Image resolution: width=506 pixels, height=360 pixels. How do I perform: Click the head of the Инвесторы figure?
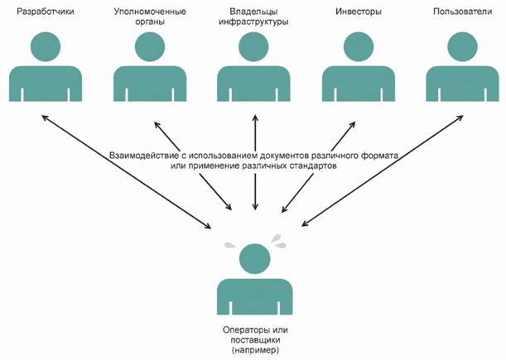pyautogui.click(x=357, y=47)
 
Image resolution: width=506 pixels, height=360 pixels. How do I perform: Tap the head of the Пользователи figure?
pyautogui.click(x=460, y=47)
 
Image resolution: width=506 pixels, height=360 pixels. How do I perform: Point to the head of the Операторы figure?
pyautogui.click(x=253, y=260)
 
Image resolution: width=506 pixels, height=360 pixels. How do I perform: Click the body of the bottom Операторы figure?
pyautogui.click(x=253, y=298)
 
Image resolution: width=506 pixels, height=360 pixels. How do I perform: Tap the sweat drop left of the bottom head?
pyautogui.click(x=228, y=246)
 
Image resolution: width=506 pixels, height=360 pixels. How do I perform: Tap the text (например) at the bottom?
pyautogui.click(x=253, y=352)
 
